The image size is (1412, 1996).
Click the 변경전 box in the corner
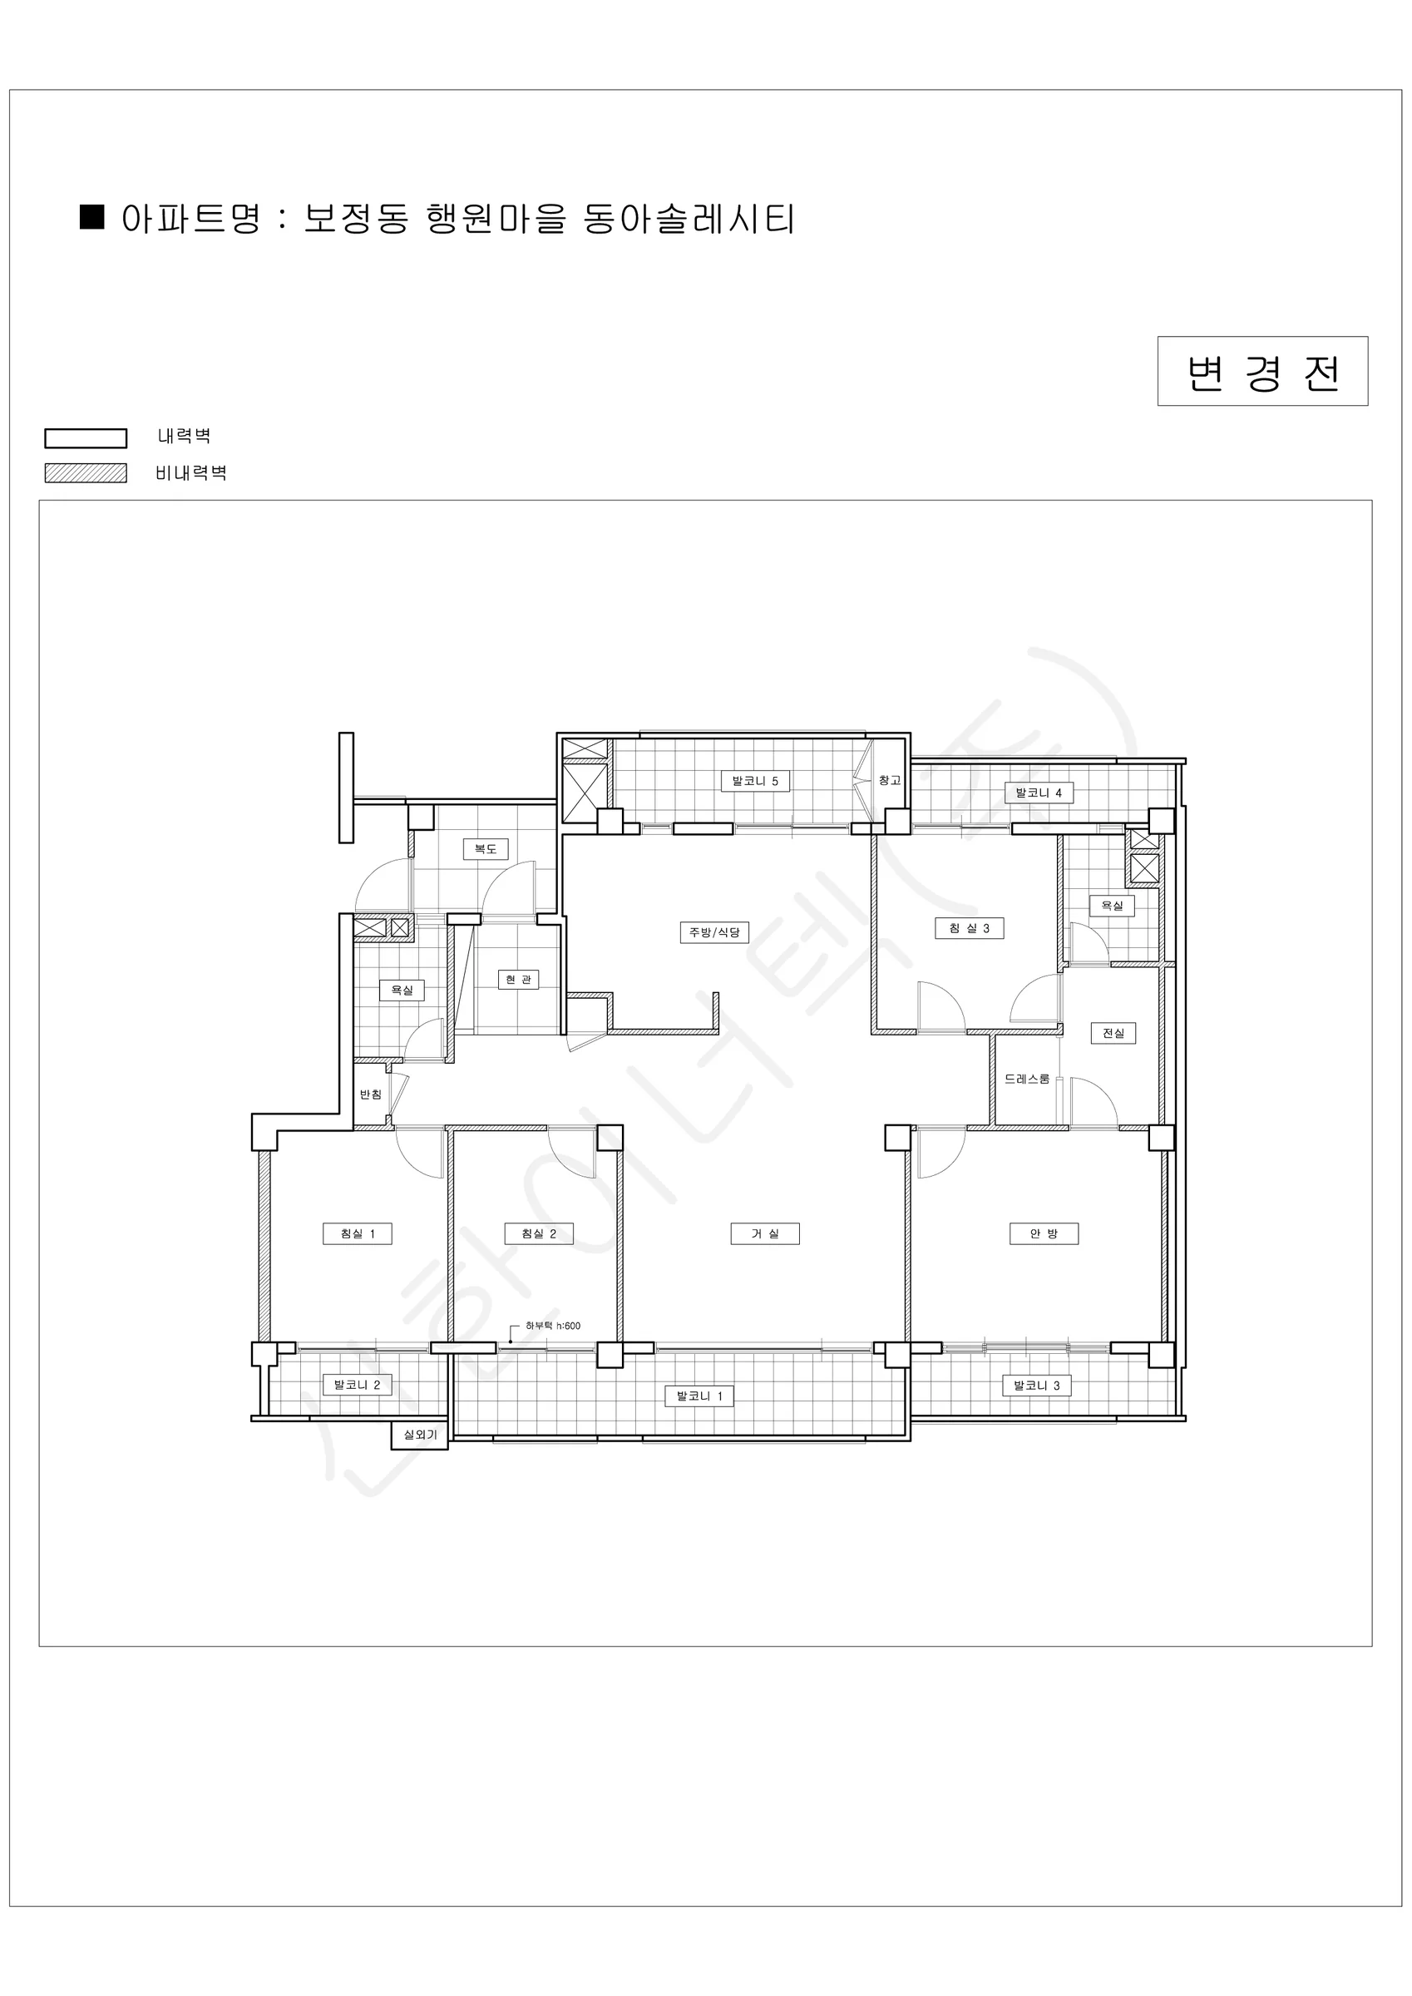[x=1262, y=371]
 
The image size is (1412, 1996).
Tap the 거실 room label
[x=764, y=1233]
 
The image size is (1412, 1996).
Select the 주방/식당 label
[x=713, y=933]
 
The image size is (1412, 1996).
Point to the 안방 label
[x=1044, y=1233]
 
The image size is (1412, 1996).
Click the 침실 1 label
[x=358, y=1233]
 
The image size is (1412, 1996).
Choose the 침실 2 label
[x=538, y=1233]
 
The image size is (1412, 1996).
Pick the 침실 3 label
[x=970, y=928]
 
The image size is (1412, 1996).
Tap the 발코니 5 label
[x=755, y=781]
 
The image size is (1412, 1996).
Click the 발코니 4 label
[x=1039, y=793]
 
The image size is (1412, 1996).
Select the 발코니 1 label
[x=699, y=1396]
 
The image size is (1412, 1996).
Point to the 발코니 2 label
[x=358, y=1385]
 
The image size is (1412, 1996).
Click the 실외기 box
[x=420, y=1435]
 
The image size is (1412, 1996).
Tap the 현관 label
[x=518, y=980]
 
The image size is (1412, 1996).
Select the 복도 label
[x=485, y=848]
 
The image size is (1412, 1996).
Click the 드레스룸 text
[x=1027, y=1079]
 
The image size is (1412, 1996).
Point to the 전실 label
[x=1113, y=1033]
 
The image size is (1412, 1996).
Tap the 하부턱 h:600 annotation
[x=553, y=1326]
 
